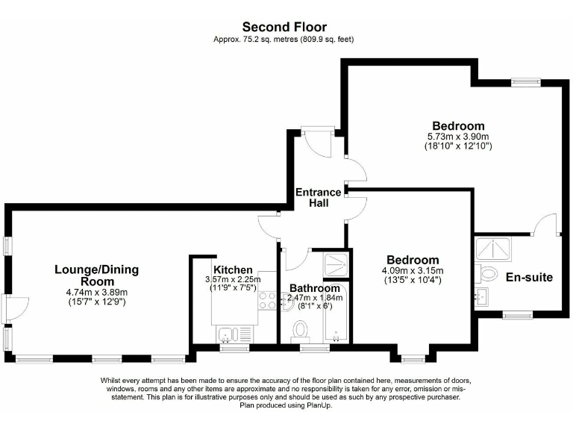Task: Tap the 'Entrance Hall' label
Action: pyautogui.click(x=318, y=198)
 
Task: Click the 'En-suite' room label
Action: pyautogui.click(x=528, y=278)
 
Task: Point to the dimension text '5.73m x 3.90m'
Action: pyautogui.click(x=457, y=137)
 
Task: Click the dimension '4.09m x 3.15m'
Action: pyautogui.click(x=412, y=270)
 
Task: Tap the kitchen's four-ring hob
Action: pyautogui.click(x=266, y=300)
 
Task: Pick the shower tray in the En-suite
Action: pyautogui.click(x=493, y=249)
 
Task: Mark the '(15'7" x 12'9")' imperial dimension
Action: pyautogui.click(x=96, y=302)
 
